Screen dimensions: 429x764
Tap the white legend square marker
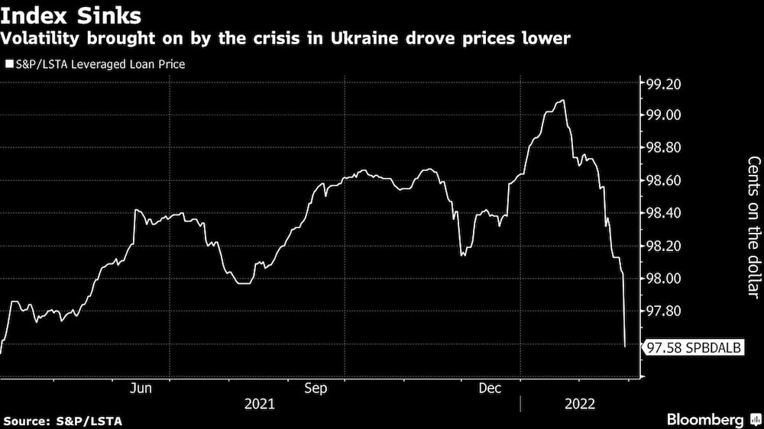(8, 64)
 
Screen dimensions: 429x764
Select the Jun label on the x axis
(141, 389)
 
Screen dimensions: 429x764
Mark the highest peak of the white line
(563, 101)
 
